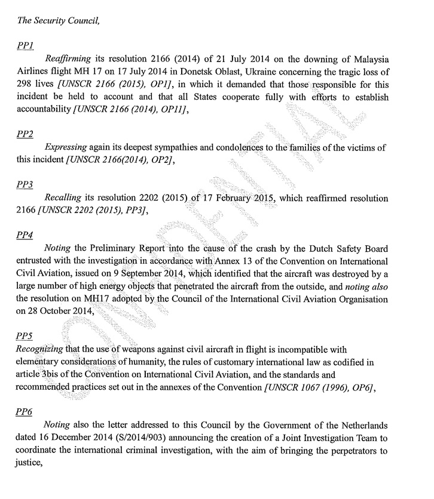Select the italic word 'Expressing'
(66, 147)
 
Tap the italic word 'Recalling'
(63, 198)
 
